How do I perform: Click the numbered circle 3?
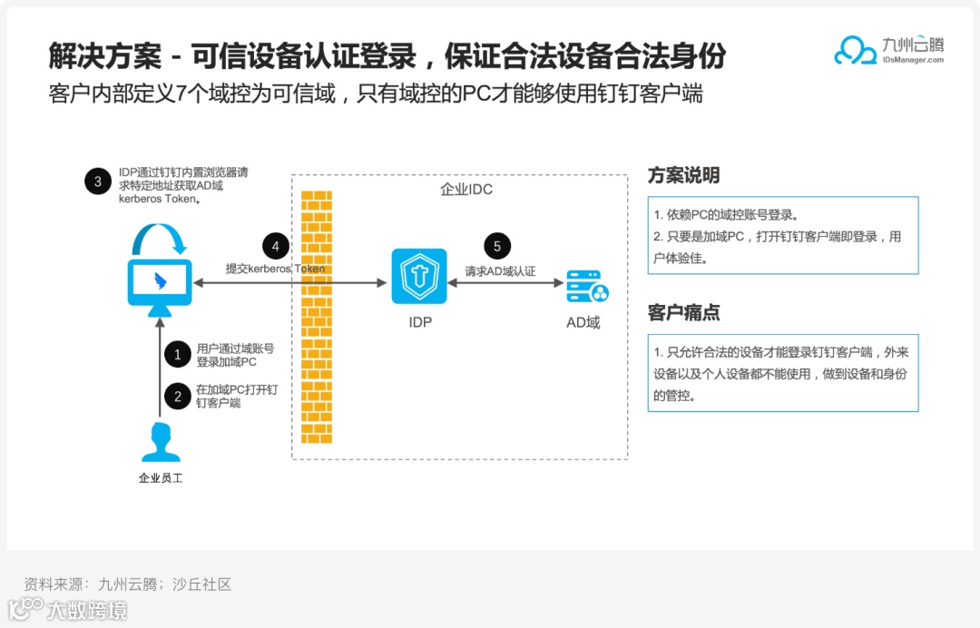tap(98, 182)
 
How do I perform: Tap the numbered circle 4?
tap(276, 246)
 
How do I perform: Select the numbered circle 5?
tap(497, 246)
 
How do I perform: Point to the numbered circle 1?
tap(177, 354)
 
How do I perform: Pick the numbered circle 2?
tap(177, 396)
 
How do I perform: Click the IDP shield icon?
tap(419, 276)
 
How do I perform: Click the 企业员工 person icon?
tap(160, 443)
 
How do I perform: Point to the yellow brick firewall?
tap(317, 318)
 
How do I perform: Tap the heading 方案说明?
tap(683, 176)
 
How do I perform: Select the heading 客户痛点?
tap(683, 312)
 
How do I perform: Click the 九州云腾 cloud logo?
tap(855, 51)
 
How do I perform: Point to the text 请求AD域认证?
tap(500, 270)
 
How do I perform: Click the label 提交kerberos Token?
tap(275, 269)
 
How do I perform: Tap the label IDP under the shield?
tap(420, 322)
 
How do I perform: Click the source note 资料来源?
tap(127, 584)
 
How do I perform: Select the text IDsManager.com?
tap(912, 60)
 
